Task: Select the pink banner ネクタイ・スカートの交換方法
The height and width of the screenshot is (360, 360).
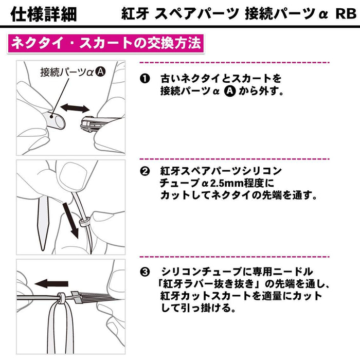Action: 105,43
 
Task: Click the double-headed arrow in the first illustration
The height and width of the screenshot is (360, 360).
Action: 74,108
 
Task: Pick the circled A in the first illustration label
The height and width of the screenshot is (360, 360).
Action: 100,73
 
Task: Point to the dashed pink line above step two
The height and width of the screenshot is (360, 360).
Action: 234,158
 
